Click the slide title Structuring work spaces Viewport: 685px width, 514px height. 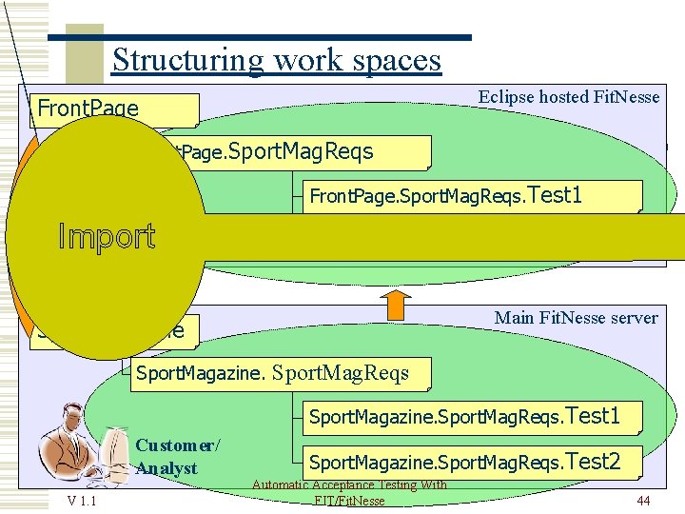coord(276,60)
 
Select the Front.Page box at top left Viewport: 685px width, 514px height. coord(114,109)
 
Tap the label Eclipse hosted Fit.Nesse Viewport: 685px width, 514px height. coord(568,97)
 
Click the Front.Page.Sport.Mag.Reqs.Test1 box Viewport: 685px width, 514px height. coord(472,196)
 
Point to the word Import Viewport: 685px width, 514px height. coord(107,236)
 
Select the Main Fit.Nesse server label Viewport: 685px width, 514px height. coord(576,318)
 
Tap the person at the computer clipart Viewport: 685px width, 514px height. coord(81,447)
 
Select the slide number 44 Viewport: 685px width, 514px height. coord(643,501)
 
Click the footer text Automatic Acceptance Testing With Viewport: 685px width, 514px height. coord(349,485)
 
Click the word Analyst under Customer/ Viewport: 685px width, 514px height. coord(166,467)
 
